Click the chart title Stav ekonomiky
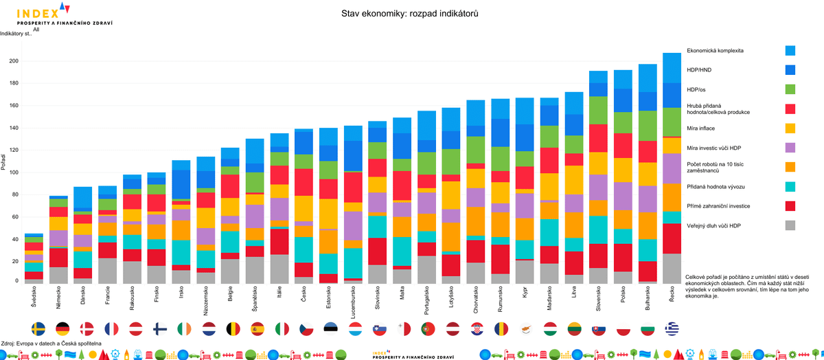409,14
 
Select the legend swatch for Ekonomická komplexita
790,50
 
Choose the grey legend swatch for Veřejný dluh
790,225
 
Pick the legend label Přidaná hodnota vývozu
716,187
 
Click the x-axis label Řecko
672,296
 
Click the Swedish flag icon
39,328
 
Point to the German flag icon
62,328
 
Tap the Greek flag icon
672,328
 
